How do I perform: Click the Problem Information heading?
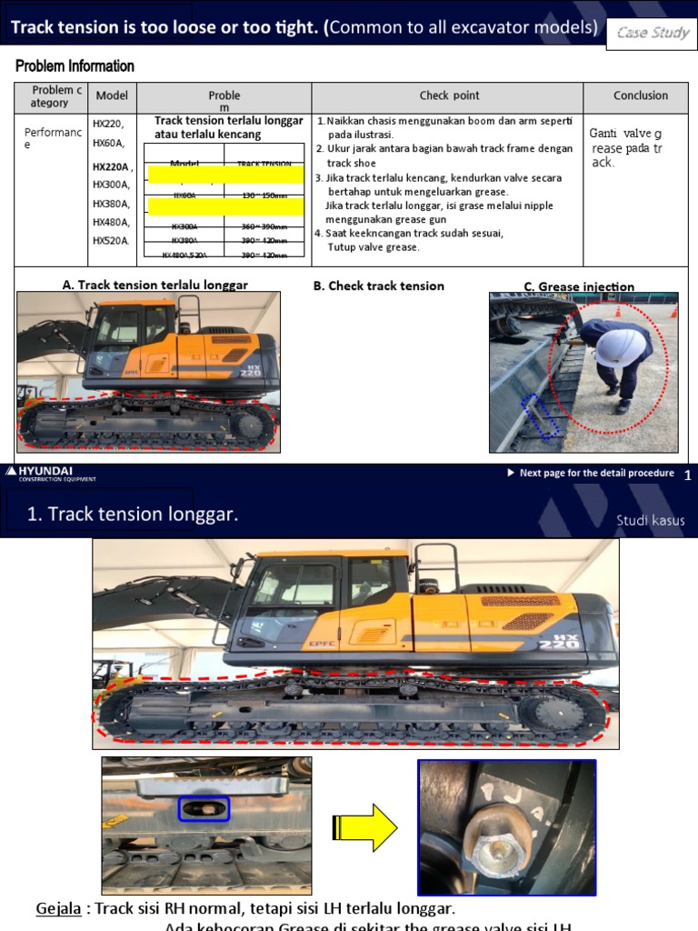coord(75,66)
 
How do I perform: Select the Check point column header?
coord(449,95)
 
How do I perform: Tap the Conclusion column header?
coord(640,95)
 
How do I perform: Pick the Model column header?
coord(112,95)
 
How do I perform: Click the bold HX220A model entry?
coord(112,167)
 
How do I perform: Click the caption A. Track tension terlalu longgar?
coord(155,285)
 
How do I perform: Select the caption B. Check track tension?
coord(378,285)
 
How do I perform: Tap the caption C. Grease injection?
coord(579,287)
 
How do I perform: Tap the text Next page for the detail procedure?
coord(595,473)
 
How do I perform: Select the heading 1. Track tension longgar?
coord(133,515)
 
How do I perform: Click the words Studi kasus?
coord(650,521)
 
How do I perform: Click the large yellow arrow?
coord(365,827)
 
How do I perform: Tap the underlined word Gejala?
coord(58,909)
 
